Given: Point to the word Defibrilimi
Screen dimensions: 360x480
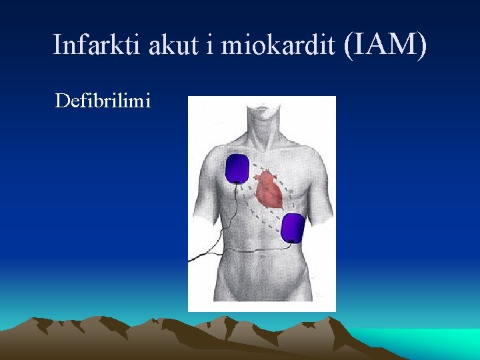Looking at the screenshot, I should [x=103, y=101].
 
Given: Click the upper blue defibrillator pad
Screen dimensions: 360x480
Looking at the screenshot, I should [x=237, y=168].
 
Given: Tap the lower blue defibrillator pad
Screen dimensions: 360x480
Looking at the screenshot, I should [x=293, y=228].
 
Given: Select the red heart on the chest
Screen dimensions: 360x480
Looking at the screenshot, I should [x=270, y=189].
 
